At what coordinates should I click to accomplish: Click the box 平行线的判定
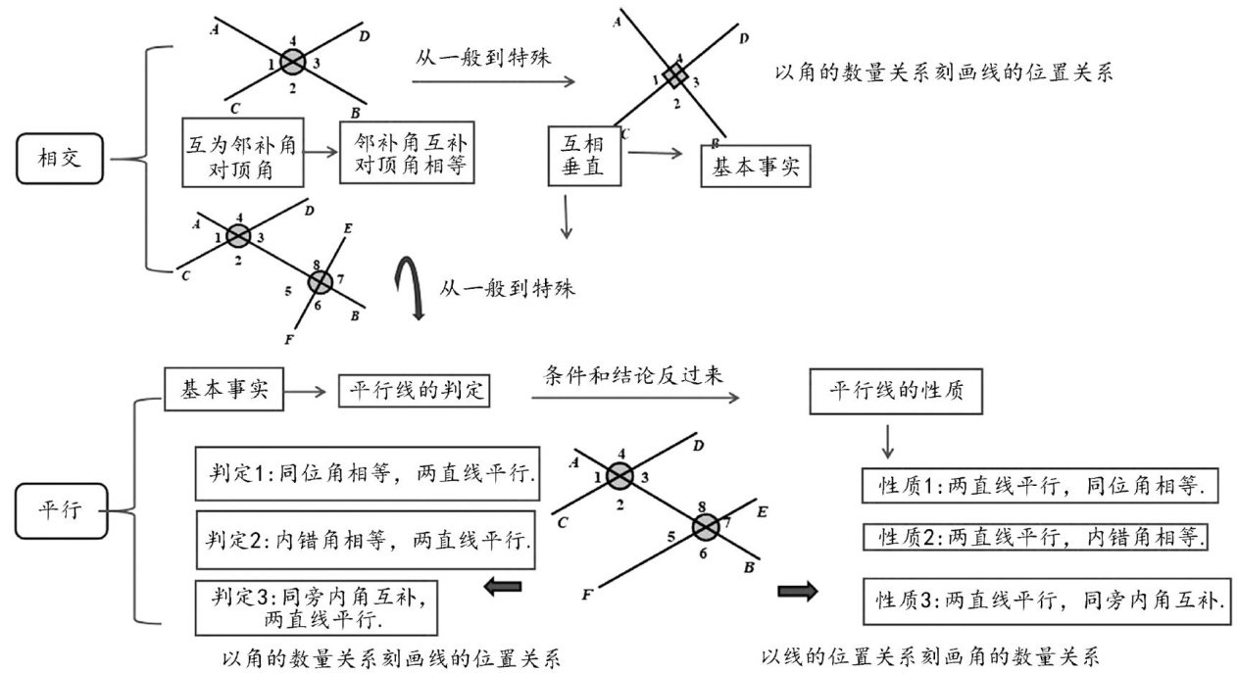414,391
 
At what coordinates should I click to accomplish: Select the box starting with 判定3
317,606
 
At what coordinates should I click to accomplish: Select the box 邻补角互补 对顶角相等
402,154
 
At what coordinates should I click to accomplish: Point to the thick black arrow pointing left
503,587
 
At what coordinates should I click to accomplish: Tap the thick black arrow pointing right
797,591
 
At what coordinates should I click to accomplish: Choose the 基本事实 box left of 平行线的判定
224,389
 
